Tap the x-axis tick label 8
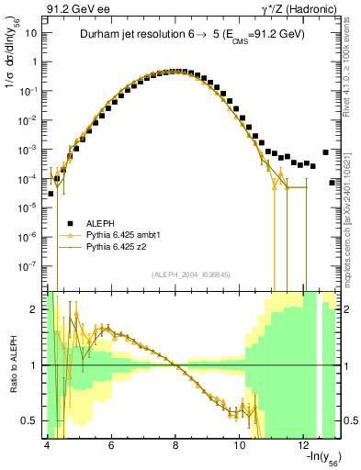pos(175,445)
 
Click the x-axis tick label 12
pos(304,445)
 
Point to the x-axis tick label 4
pos(47,445)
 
